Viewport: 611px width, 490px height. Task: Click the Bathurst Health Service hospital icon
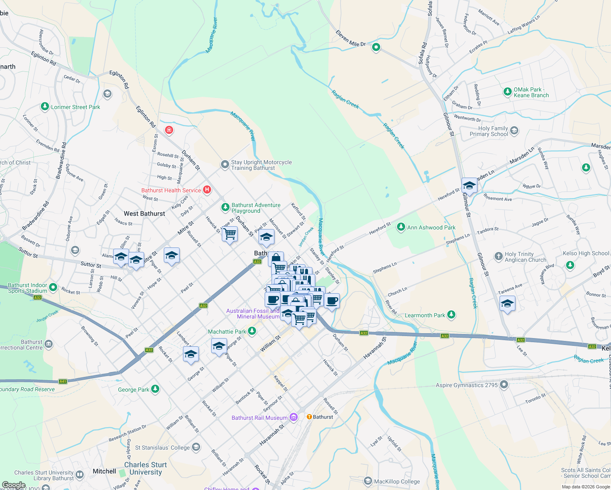click(x=207, y=189)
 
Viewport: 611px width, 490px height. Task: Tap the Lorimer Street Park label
click(x=75, y=107)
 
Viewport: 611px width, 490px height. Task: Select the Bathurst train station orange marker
click(x=309, y=417)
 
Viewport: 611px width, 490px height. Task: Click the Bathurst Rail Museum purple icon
click(x=294, y=417)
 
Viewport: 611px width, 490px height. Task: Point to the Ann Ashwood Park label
click(x=431, y=227)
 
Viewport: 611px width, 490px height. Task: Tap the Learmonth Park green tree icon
click(x=451, y=314)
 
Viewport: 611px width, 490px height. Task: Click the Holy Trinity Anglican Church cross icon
click(x=498, y=256)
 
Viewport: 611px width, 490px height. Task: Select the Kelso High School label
click(x=586, y=253)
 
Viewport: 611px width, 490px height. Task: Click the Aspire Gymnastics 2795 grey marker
click(x=504, y=385)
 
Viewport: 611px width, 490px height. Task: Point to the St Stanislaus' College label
click(x=162, y=448)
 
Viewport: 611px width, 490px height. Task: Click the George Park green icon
click(x=155, y=389)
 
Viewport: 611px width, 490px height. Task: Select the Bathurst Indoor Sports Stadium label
click(x=27, y=288)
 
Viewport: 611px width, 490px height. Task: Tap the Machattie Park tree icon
click(x=252, y=331)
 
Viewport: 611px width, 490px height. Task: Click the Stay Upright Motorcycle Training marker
click(x=225, y=165)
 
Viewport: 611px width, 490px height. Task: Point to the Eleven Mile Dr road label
click(x=351, y=38)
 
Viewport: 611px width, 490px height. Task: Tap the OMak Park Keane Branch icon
click(x=507, y=91)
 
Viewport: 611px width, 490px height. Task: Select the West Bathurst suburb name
click(x=145, y=214)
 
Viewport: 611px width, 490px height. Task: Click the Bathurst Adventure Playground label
click(x=256, y=208)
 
